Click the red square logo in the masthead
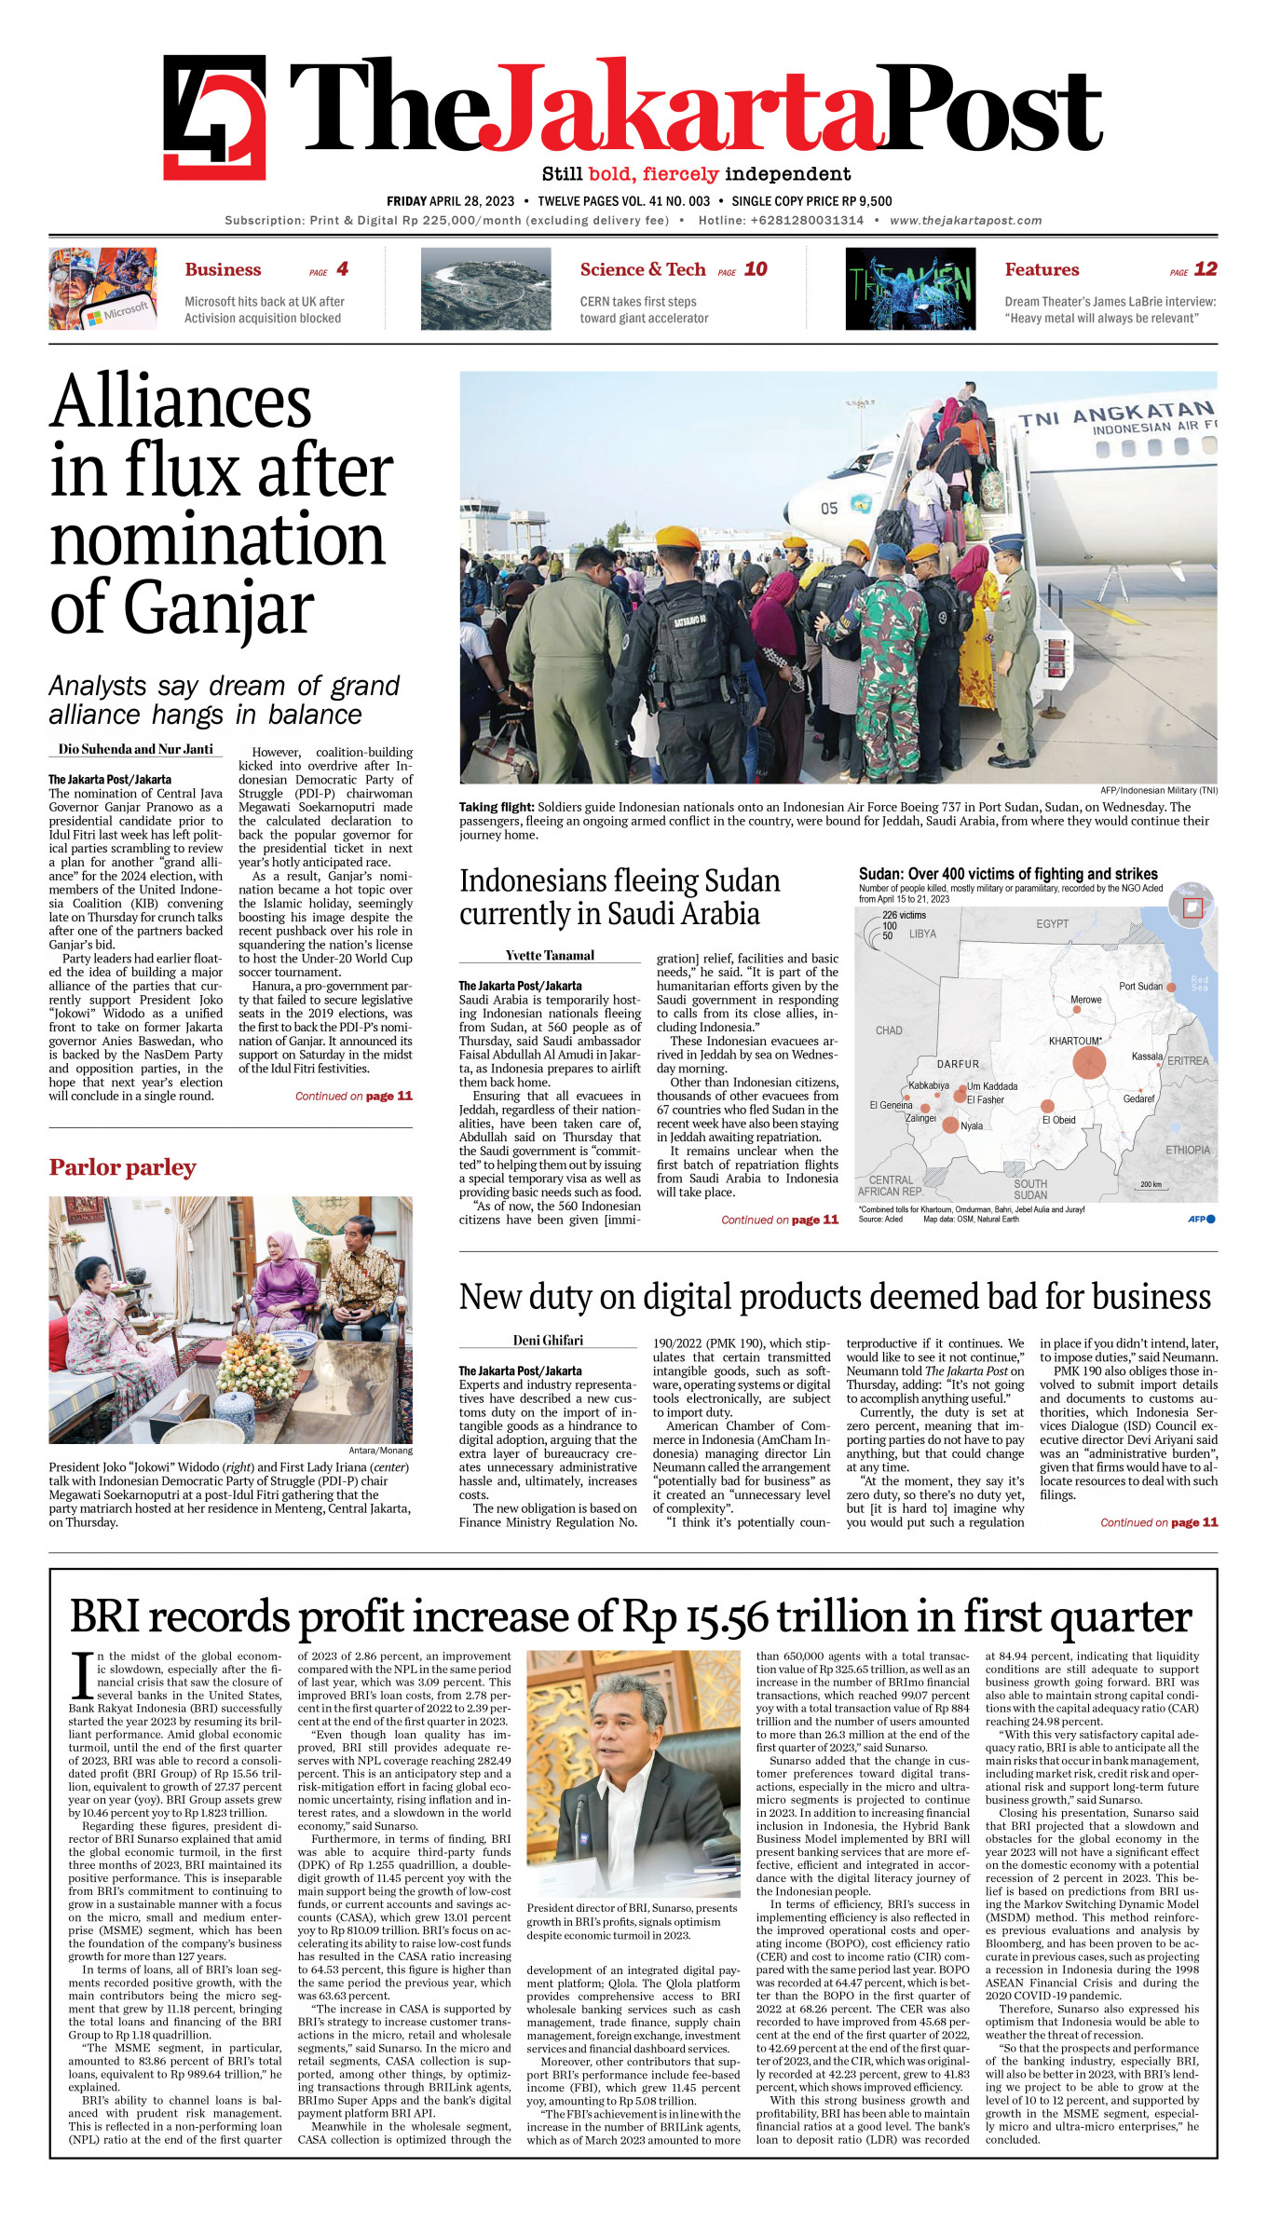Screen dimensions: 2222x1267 pyautogui.click(x=214, y=116)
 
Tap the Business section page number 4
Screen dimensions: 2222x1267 pyautogui.click(x=342, y=269)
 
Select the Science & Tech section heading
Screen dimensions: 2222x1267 pyautogui.click(x=642, y=269)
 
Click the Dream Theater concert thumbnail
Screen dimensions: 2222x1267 pyautogui.click(x=910, y=289)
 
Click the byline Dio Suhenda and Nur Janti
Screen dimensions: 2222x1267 pyautogui.click(x=136, y=749)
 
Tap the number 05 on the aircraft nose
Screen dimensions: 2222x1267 pyautogui.click(x=829, y=509)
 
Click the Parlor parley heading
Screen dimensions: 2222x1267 pyautogui.click(x=122, y=1167)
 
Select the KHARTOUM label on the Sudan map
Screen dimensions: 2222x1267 pyautogui.click(x=1074, y=1041)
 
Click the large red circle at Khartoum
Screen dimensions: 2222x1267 pyautogui.click(x=1088, y=1062)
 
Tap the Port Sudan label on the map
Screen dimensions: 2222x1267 pyautogui.click(x=1140, y=986)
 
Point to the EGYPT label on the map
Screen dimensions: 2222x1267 pyautogui.click(x=1052, y=923)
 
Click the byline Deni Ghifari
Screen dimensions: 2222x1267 pyautogui.click(x=548, y=1340)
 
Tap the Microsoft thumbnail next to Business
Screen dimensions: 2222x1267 pyautogui.click(x=102, y=289)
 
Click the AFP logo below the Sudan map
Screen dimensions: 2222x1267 pyautogui.click(x=1201, y=1219)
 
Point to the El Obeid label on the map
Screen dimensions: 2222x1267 pyautogui.click(x=1058, y=1120)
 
